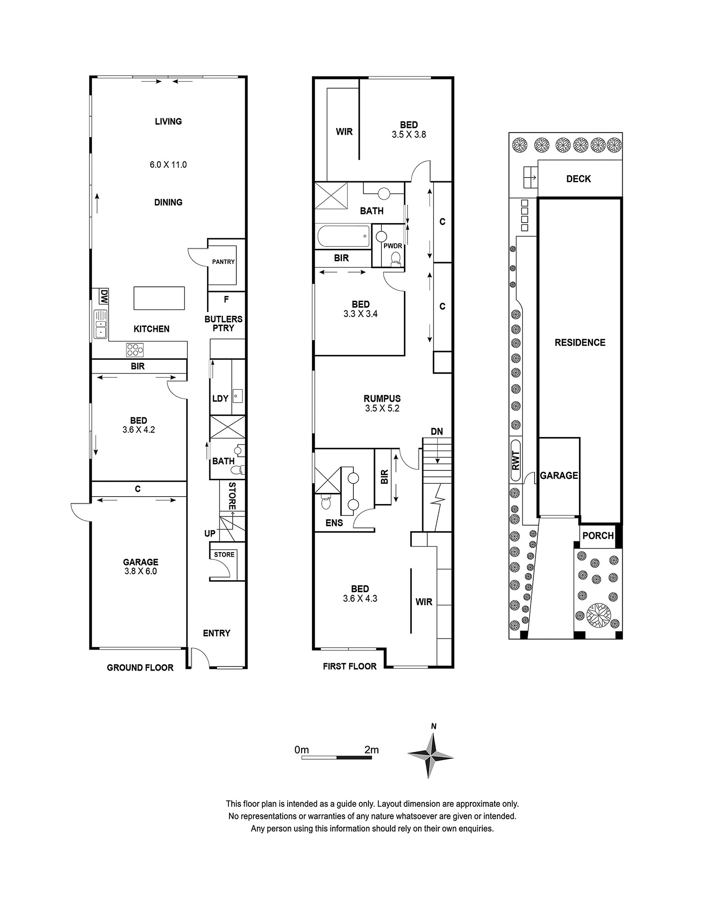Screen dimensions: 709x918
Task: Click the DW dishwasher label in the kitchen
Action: pyautogui.click(x=104, y=296)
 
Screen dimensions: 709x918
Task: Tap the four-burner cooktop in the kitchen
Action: pyautogui.click(x=135, y=350)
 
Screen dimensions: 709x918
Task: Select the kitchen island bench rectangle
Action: pyautogui.click(x=159, y=298)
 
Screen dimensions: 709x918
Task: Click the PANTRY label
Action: pyautogui.click(x=223, y=262)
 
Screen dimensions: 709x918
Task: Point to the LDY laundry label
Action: pyautogui.click(x=220, y=398)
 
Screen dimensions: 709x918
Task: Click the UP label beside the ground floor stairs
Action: pyautogui.click(x=210, y=533)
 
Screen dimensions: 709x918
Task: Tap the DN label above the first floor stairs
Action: pyautogui.click(x=437, y=431)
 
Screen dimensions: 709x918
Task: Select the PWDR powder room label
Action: pyautogui.click(x=393, y=246)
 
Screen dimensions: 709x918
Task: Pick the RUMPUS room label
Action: pyautogui.click(x=382, y=399)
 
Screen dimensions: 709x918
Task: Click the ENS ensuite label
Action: pyautogui.click(x=334, y=522)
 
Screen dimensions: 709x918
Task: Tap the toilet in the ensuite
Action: pyautogui.click(x=325, y=502)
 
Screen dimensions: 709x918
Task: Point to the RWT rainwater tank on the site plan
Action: pyautogui.click(x=516, y=460)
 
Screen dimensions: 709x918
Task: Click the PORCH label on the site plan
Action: pyautogui.click(x=598, y=535)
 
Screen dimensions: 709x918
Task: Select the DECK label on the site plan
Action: pyautogui.click(x=579, y=179)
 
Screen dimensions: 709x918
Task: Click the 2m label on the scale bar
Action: pyautogui.click(x=371, y=750)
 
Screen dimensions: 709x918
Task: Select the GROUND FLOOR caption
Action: pyautogui.click(x=140, y=667)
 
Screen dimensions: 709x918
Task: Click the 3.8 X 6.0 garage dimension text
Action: pyautogui.click(x=140, y=571)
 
